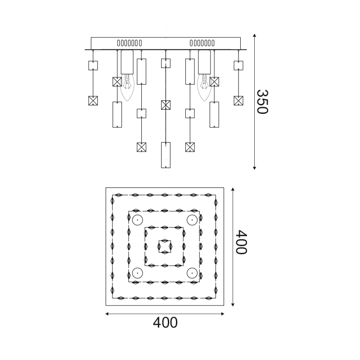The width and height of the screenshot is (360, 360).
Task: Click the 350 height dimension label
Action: [x=262, y=102]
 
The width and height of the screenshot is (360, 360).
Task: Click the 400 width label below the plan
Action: [x=165, y=323]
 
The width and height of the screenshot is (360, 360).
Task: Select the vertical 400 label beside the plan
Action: [x=242, y=242]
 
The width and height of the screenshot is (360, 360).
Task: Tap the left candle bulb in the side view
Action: [x=127, y=87]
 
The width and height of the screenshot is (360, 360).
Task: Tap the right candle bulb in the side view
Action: [x=204, y=87]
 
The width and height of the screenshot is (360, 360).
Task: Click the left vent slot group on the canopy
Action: [x=130, y=43]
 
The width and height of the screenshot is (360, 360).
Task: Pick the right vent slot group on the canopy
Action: [x=202, y=43]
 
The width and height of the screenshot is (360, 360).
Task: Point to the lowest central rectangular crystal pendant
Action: [x=166, y=155]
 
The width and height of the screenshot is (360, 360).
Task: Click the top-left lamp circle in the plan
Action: [x=138, y=220]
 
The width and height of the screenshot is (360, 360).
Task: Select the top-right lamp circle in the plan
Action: [x=192, y=220]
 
